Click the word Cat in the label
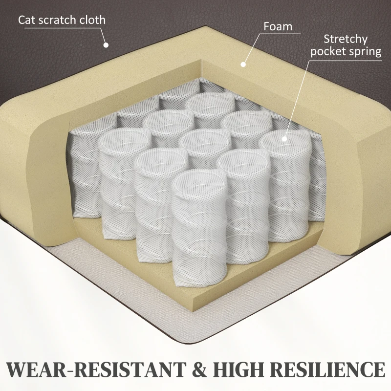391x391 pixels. click(27, 20)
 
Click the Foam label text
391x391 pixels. click(278, 26)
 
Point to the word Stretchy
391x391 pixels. click(346, 40)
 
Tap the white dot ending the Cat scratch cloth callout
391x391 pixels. click(106, 45)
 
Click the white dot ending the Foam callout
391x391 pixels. click(243, 65)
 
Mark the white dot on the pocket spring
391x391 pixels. click(284, 139)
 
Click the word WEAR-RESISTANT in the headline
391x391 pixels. click(96, 369)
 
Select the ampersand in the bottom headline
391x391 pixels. click(200, 369)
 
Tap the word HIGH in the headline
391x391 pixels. click(239, 369)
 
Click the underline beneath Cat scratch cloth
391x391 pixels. click(62, 28)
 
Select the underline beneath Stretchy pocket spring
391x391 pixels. click(346, 60)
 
